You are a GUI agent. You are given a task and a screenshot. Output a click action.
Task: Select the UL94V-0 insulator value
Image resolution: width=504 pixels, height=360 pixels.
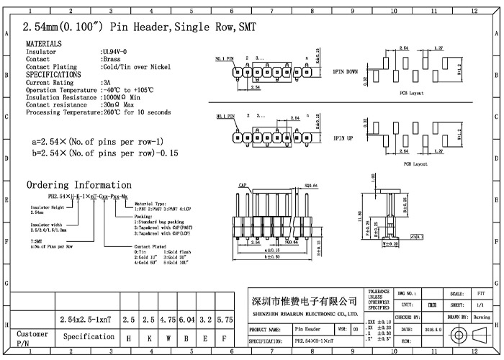click(x=114, y=52)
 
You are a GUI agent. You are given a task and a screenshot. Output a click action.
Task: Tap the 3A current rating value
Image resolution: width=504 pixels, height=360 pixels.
click(x=106, y=83)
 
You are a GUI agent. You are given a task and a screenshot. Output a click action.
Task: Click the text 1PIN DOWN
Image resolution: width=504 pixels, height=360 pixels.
click(x=346, y=72)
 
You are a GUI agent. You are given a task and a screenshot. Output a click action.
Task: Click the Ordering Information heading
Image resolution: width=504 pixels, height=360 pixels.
click(x=79, y=185)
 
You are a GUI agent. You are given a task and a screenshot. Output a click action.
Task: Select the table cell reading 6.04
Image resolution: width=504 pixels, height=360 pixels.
click(x=186, y=318)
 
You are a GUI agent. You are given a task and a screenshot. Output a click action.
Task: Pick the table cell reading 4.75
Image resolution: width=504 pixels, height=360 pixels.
click(x=168, y=318)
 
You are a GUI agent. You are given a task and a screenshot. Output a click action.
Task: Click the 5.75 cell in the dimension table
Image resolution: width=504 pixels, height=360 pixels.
click(x=225, y=318)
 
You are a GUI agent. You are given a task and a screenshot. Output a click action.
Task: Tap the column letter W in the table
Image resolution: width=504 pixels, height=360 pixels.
click(x=168, y=338)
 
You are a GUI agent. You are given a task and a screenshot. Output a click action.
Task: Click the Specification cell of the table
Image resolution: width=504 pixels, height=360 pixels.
click(x=89, y=337)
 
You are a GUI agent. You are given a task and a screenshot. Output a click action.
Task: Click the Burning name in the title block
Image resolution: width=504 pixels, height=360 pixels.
click(x=482, y=317)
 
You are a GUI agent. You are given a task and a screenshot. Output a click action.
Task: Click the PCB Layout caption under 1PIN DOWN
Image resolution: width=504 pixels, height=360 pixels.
click(x=413, y=94)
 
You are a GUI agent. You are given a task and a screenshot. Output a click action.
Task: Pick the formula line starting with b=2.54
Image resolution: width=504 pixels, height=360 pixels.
click(x=104, y=153)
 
